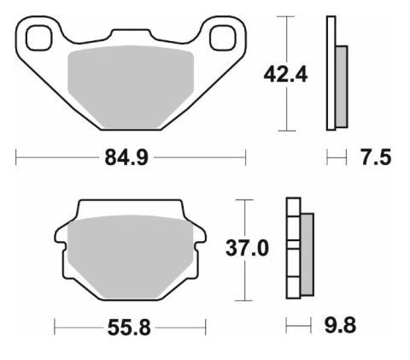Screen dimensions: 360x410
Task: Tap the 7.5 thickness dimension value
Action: (375, 157)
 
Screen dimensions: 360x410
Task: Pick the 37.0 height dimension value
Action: (248, 249)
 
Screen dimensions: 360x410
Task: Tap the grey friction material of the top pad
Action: (132, 86)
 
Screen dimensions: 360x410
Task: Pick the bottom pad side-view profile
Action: (299, 249)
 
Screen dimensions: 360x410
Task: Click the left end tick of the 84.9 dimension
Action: (17, 157)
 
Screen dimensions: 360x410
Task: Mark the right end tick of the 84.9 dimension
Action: (246, 157)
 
